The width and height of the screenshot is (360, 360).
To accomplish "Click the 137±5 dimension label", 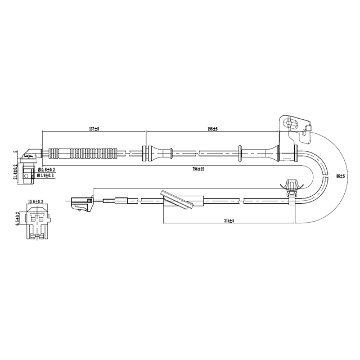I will click(x=93, y=129).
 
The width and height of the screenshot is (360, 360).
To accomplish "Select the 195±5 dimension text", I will click(x=212, y=129).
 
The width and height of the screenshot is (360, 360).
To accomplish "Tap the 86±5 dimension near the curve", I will click(x=340, y=176).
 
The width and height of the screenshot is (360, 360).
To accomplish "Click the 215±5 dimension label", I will click(x=228, y=221).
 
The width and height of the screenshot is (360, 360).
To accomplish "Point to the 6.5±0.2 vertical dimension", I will click(x=18, y=218).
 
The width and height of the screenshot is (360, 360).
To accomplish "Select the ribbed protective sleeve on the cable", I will click(x=83, y=152).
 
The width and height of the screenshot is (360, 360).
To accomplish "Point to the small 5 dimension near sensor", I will click(x=16, y=152).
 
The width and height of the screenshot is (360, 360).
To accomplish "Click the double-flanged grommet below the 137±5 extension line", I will click(x=147, y=152).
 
